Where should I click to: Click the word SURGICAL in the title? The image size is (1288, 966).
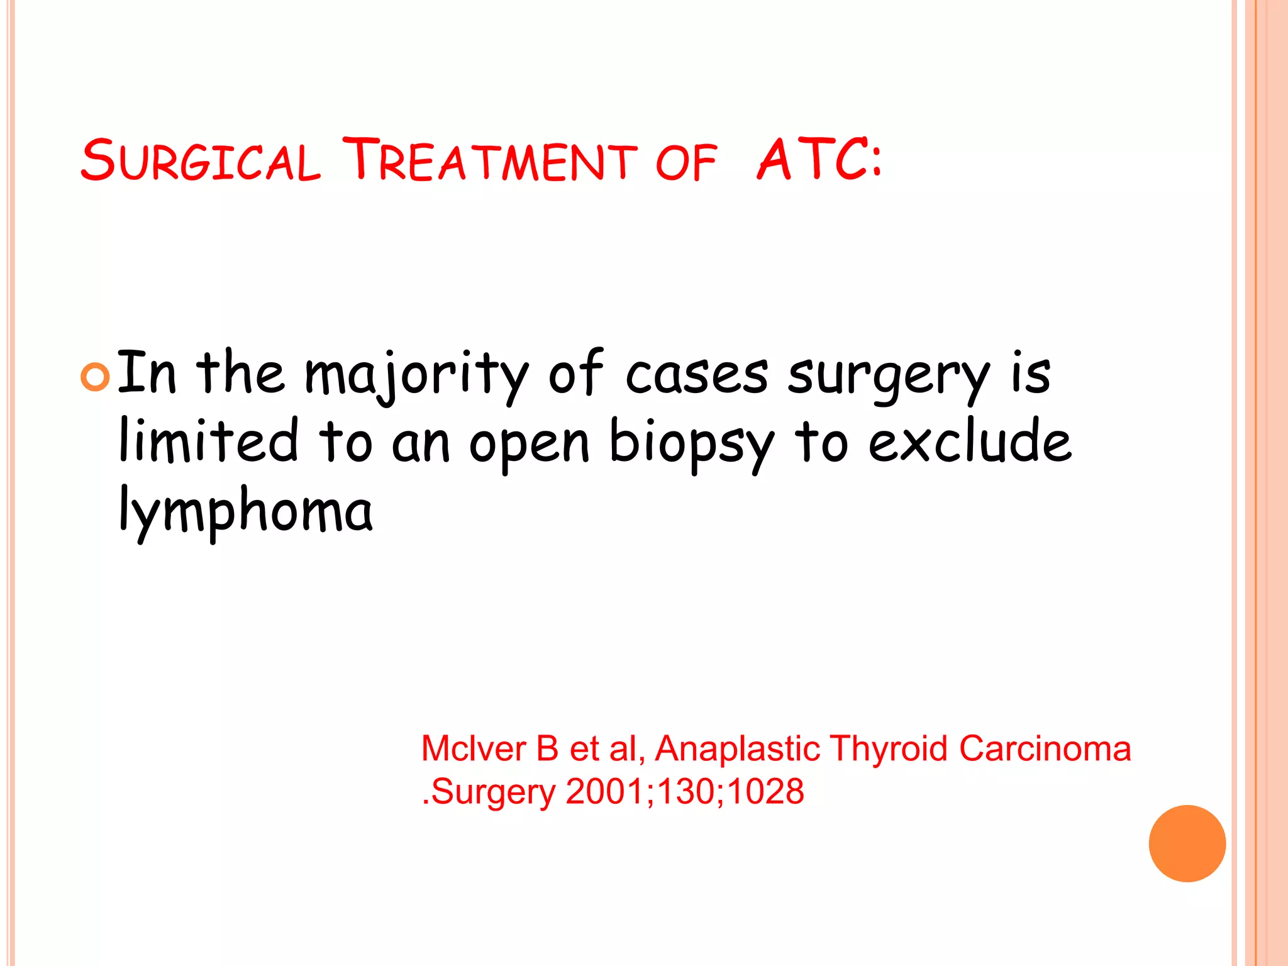click(200, 160)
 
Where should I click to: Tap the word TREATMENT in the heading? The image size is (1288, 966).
click(489, 160)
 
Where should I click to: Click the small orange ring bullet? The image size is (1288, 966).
click(96, 377)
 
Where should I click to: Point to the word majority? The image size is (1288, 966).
click(416, 376)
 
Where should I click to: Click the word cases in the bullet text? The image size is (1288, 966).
click(697, 375)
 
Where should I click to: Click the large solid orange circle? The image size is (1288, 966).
click(1187, 843)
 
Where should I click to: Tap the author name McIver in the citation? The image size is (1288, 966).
click(473, 749)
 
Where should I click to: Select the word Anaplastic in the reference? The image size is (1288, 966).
click(738, 749)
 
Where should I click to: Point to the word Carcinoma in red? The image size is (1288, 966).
click(1045, 749)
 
